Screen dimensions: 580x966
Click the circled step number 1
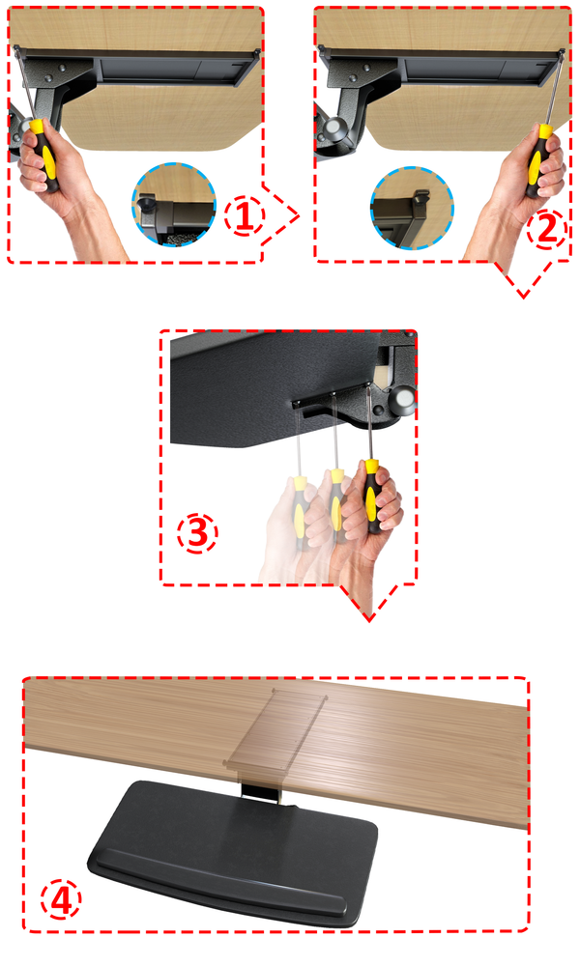tap(244, 216)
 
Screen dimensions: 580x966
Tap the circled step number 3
tap(197, 533)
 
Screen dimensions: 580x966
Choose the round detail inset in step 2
tap(413, 207)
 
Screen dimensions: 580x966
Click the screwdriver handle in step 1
tap(44, 155)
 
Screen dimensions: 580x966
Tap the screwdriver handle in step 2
tap(538, 160)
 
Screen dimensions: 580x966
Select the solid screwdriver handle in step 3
tap(371, 497)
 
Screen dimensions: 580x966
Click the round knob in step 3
tap(405, 399)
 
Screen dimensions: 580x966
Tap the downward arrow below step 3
tap(369, 601)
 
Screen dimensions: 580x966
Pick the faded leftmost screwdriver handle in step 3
tap(300, 511)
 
